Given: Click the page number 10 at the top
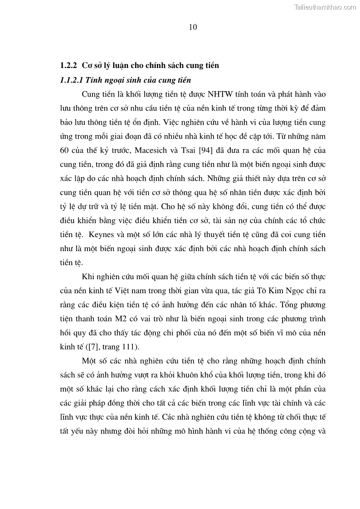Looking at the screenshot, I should click(193, 27).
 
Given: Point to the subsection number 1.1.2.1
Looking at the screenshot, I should click(72, 80).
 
